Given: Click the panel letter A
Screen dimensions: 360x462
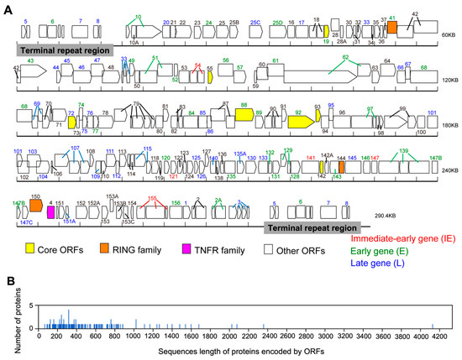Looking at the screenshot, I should coord(7,7).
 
